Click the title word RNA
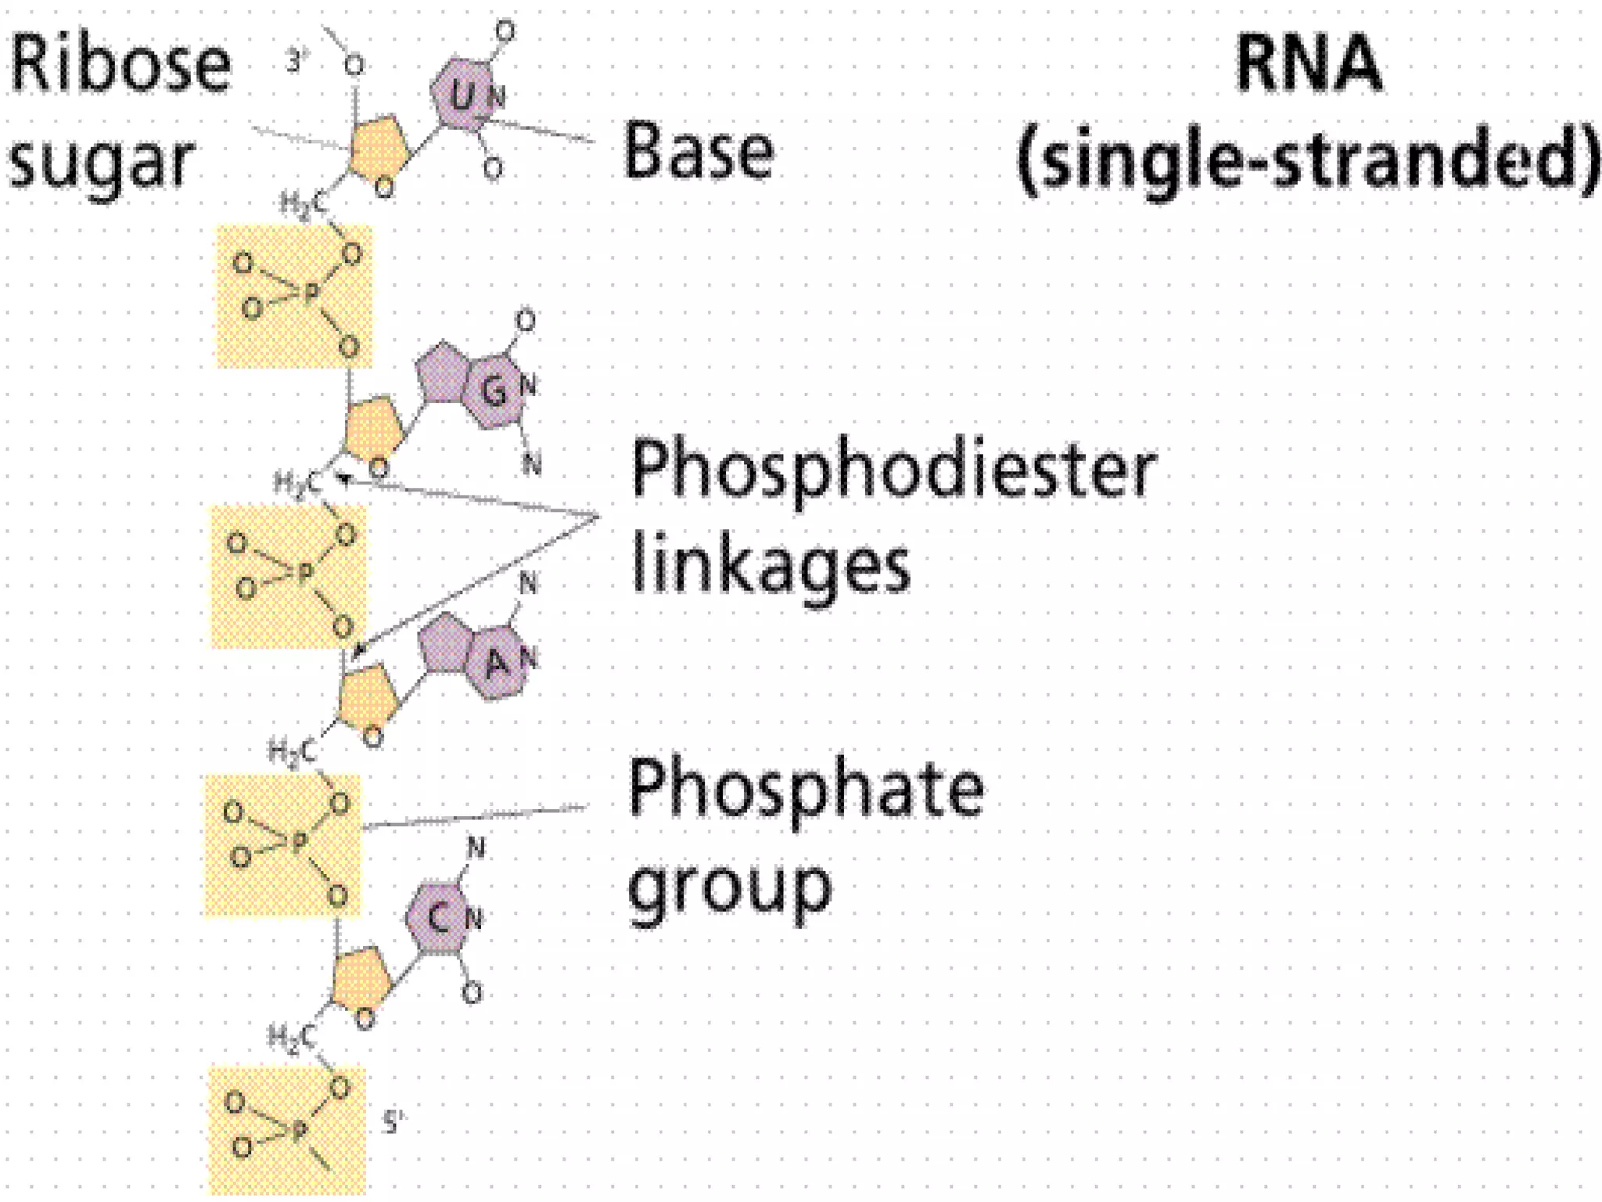click(x=1309, y=64)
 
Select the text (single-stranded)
click(x=1309, y=160)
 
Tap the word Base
click(x=698, y=151)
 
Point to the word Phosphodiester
click(x=893, y=470)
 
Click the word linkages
click(x=770, y=565)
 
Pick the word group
click(x=730, y=888)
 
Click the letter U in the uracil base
click(x=462, y=96)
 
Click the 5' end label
click(x=394, y=1123)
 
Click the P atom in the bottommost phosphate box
click(x=298, y=1132)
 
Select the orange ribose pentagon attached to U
click(x=378, y=149)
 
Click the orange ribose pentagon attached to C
click(x=361, y=978)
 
